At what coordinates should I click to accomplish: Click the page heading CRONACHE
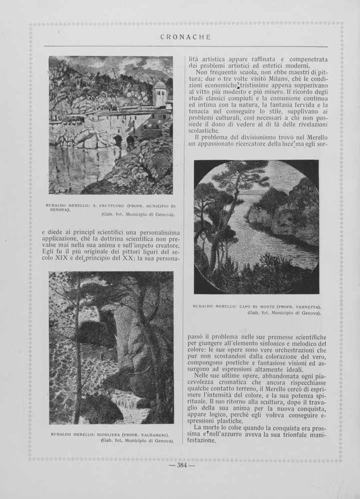pyautogui.click(x=186, y=37)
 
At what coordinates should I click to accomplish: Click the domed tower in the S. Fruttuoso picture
pyautogui.click(x=160, y=93)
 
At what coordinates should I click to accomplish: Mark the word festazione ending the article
pyautogui.click(x=203, y=441)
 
